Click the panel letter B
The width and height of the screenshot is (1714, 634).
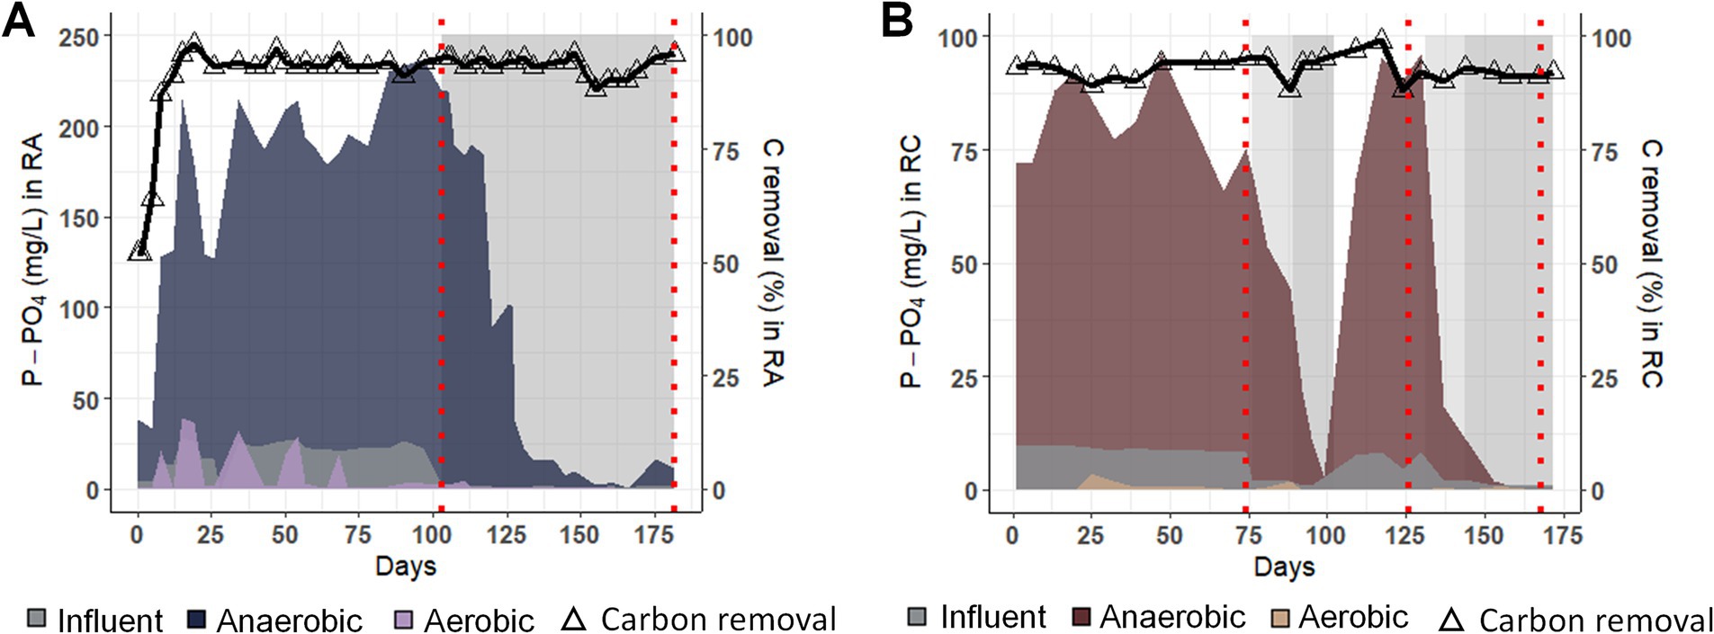[897, 21]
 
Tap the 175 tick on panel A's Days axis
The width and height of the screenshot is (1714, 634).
[654, 535]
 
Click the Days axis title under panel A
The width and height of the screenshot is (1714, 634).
[406, 567]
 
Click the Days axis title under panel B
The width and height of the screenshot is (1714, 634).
[1284, 567]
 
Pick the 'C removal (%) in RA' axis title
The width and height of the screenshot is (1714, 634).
[772, 263]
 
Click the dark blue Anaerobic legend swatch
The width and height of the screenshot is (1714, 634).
[197, 619]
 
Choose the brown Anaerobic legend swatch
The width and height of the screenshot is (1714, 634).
[1081, 617]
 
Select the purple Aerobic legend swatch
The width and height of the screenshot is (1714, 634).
[405, 619]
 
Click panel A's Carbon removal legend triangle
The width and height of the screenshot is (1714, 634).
[573, 619]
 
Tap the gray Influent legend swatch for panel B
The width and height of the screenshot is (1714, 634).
[917, 617]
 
